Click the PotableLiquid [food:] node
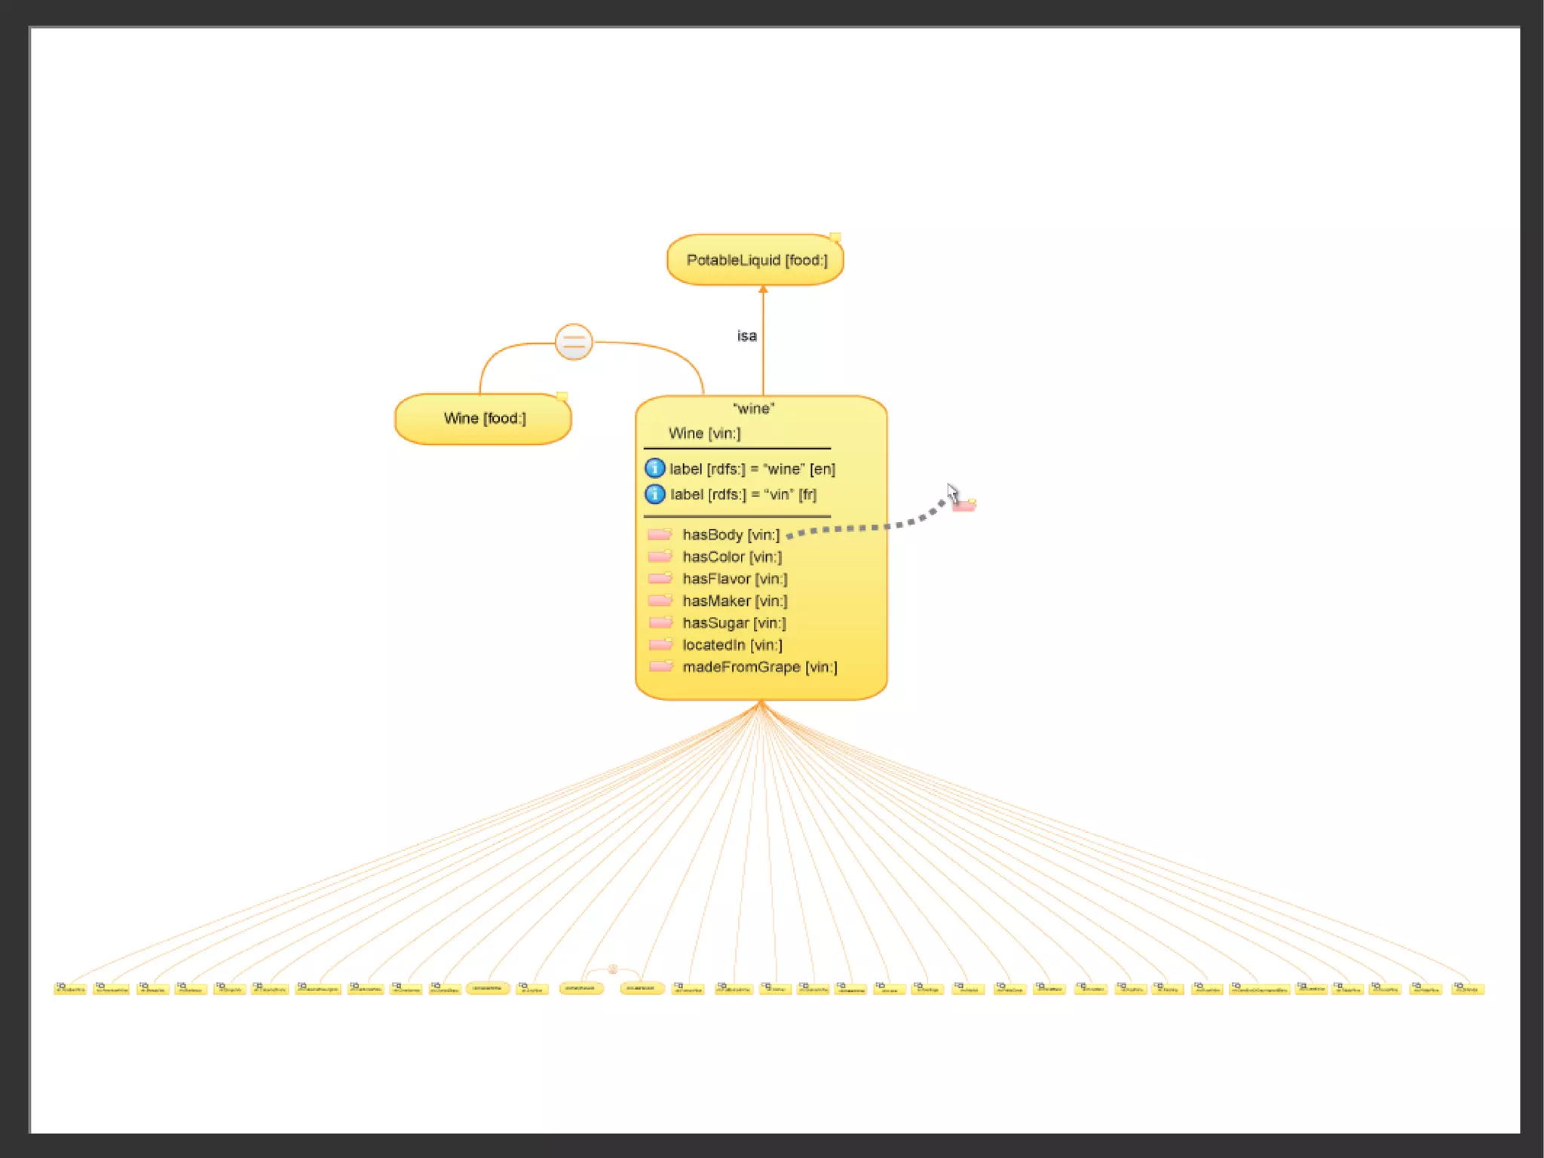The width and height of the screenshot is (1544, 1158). pos(755,260)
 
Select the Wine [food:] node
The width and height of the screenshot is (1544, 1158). pos(483,419)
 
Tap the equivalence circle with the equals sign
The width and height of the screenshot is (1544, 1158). pos(574,342)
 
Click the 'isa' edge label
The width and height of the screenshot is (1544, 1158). pos(746,336)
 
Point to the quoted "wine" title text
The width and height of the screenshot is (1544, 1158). pos(753,409)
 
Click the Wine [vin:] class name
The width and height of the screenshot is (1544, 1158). pos(704,434)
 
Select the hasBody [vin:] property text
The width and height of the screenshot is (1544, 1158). pos(731,535)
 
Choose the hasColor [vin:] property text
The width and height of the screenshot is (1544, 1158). pos(731,557)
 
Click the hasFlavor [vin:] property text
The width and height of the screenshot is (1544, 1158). pos(734,579)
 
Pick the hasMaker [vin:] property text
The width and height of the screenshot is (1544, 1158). pos(734,601)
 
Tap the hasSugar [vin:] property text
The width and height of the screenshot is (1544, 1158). pos(734,623)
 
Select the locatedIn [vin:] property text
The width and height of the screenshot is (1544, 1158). pos(732,645)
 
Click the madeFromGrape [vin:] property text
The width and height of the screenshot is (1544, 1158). pos(759,667)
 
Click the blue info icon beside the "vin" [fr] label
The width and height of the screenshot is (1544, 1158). pos(654,494)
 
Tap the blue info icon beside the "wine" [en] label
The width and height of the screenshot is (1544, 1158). pos(654,468)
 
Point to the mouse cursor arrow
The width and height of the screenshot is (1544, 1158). pos(952,493)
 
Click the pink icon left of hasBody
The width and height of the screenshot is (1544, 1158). pos(660,535)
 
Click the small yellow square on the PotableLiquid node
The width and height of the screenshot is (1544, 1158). pos(835,238)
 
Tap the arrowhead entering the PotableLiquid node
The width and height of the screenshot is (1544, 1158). pos(763,289)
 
